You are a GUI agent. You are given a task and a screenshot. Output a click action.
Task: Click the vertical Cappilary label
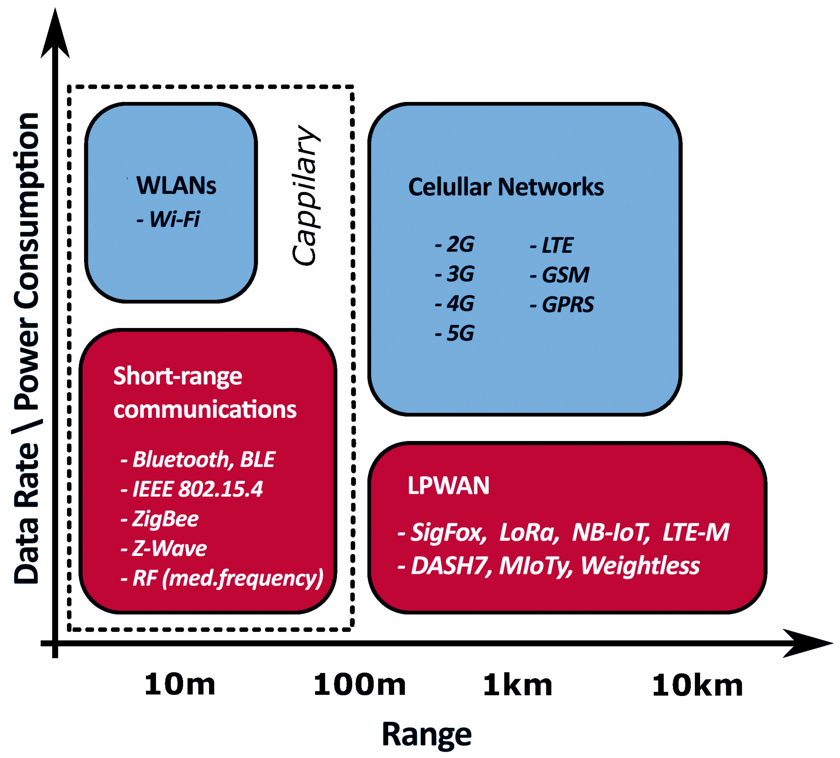306,195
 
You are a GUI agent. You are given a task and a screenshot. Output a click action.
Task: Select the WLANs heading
176,186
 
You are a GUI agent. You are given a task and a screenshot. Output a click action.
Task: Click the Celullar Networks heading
506,187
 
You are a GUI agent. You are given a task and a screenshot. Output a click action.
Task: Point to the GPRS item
562,304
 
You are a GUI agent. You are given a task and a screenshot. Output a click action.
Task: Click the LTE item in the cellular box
552,245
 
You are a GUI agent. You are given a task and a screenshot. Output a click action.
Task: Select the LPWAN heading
448,486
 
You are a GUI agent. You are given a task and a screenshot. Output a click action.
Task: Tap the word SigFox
447,532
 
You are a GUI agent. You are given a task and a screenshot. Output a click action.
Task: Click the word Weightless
640,566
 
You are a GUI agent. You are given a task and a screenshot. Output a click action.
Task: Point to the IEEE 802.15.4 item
192,489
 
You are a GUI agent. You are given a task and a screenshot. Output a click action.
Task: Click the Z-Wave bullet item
164,548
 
